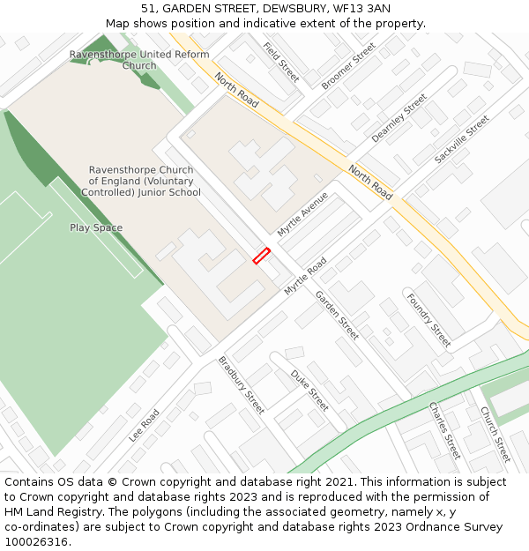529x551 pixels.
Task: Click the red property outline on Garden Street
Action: (261, 256)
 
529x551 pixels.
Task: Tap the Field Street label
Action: (281, 62)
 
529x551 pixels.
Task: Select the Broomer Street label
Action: (348, 65)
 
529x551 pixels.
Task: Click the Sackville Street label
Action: (461, 139)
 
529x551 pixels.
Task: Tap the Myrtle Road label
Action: (305, 276)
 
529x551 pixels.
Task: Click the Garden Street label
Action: (337, 315)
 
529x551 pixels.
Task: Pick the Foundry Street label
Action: (428, 319)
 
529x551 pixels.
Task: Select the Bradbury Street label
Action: (241, 384)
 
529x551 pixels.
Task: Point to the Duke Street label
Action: (309, 390)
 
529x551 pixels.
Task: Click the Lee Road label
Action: (144, 425)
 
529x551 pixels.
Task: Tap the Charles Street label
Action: (444, 430)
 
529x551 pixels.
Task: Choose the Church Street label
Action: (495, 434)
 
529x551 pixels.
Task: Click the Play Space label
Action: (96, 227)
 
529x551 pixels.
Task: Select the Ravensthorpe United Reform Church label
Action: (139, 60)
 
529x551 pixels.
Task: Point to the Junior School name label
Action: (141, 181)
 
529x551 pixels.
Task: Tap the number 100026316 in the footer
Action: (37, 541)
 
